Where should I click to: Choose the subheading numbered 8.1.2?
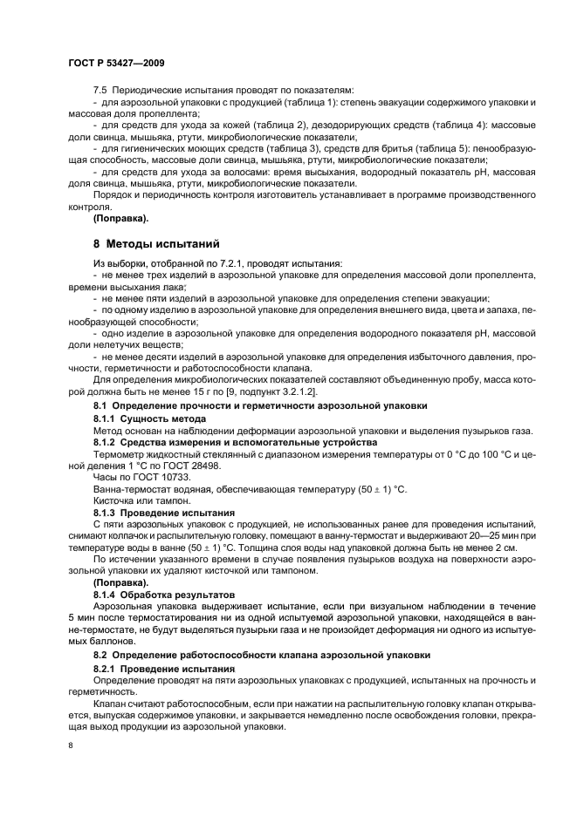(106, 442)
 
